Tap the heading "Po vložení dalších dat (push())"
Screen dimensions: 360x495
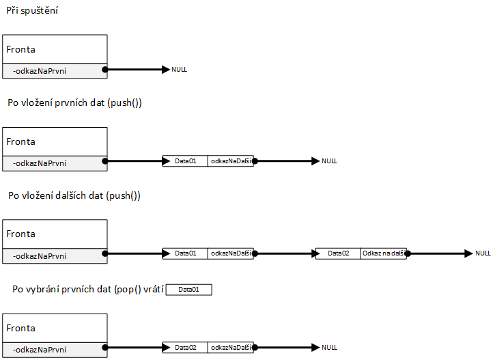74,195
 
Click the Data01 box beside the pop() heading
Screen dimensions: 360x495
189,290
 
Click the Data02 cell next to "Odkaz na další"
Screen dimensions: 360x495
338,253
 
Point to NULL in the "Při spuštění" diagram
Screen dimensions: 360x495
179,70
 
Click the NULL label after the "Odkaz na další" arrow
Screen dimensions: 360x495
483,253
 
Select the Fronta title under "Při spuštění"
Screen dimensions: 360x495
21,49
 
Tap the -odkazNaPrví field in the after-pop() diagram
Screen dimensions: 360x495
40,348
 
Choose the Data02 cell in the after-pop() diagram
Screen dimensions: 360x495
185,348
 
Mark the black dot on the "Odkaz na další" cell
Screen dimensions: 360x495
406,253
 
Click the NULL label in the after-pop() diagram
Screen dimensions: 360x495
329,348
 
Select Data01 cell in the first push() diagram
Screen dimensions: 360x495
185,161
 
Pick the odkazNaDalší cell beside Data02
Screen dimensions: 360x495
230,348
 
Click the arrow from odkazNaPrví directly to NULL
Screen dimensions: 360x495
137,70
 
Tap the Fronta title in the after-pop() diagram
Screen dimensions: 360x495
21,328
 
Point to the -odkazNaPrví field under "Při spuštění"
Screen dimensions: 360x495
40,70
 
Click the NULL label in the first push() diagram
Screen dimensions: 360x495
329,161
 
